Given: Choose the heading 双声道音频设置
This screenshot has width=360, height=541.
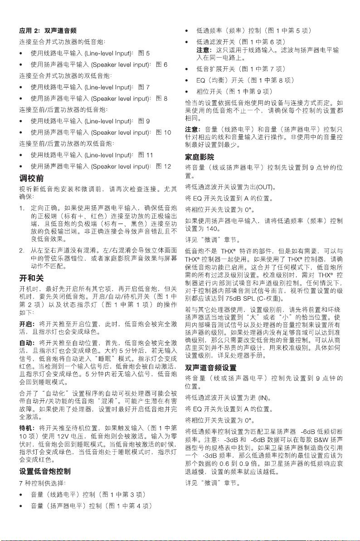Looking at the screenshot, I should tap(211, 367).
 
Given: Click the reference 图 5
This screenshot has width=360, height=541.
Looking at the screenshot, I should tap(144, 54).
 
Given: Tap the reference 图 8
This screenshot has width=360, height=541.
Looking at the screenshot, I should tap(162, 98).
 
